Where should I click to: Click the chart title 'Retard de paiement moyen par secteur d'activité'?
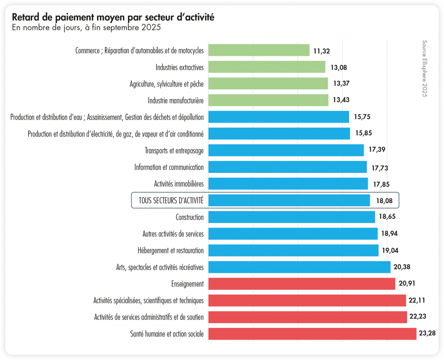pyautogui.click(x=113, y=17)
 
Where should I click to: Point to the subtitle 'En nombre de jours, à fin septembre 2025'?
pyautogui.click(x=87, y=28)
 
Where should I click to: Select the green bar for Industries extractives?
pyautogui.click(x=267, y=67)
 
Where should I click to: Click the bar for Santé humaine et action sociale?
pyautogui.click(x=312, y=334)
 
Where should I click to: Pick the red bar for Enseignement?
pyautogui.click(x=302, y=284)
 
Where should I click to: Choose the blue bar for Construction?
pyautogui.click(x=291, y=217)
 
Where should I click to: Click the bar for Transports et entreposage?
pyautogui.click(x=286, y=150)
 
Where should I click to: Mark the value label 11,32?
pyautogui.click(x=322, y=51)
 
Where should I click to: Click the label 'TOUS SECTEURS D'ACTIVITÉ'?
pyautogui.click(x=171, y=201)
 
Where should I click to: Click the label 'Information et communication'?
pyautogui.click(x=169, y=167)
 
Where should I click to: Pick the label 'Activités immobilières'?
pyautogui.click(x=179, y=184)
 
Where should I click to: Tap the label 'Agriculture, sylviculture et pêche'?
pyautogui.click(x=166, y=84)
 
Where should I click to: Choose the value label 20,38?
pyautogui.click(x=403, y=267)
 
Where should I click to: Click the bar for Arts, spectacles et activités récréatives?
pyautogui.click(x=299, y=267)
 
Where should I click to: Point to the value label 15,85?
pyautogui.click(x=363, y=133)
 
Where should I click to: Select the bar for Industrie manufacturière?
pyautogui.click(x=268, y=101)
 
